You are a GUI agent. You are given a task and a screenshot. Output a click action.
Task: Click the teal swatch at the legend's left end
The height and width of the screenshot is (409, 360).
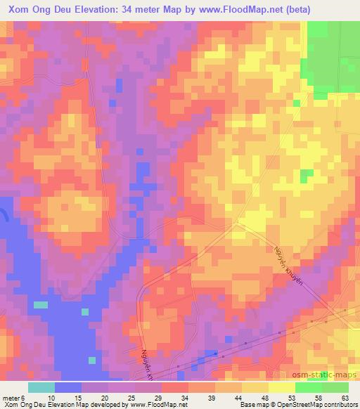coord(41,387)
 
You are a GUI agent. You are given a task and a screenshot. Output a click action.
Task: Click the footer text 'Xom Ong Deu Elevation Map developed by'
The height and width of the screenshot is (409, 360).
coord(63,404)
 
